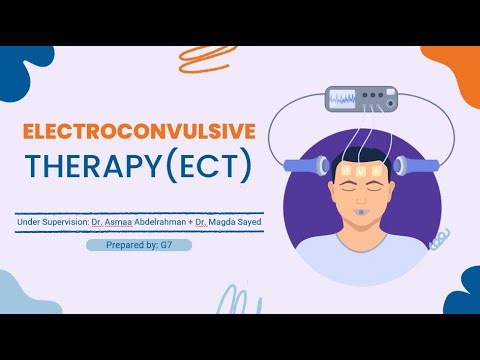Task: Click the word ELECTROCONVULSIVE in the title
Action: pos(139,131)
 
